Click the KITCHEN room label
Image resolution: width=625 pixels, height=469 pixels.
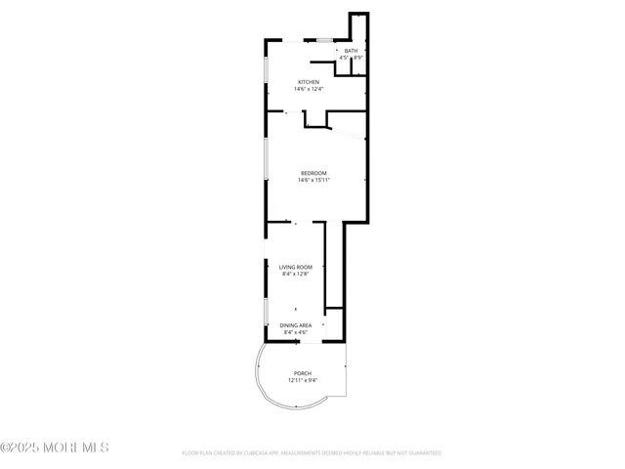point(309,82)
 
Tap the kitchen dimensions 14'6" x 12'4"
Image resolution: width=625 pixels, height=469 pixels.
point(309,89)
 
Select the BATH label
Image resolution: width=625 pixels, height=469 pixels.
point(351,51)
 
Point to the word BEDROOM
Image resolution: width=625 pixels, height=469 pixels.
point(313,173)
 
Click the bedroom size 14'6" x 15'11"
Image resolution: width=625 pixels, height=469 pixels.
point(313,180)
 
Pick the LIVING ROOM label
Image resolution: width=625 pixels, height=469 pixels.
point(295,267)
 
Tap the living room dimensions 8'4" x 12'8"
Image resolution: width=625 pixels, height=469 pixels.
point(295,274)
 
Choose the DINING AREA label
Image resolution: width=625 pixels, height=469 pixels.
point(295,325)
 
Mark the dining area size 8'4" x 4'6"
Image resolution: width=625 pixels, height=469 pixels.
point(295,332)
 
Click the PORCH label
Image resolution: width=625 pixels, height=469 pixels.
point(302,373)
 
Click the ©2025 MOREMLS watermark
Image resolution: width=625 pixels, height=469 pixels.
point(55,448)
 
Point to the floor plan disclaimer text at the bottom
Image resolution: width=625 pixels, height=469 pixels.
point(312,453)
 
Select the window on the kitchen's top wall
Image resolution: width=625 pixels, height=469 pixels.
point(321,40)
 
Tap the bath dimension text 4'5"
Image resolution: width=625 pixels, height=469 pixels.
point(344,59)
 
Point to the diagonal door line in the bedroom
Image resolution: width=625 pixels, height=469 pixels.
point(346,117)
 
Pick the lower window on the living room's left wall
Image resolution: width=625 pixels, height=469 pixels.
point(267,314)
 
